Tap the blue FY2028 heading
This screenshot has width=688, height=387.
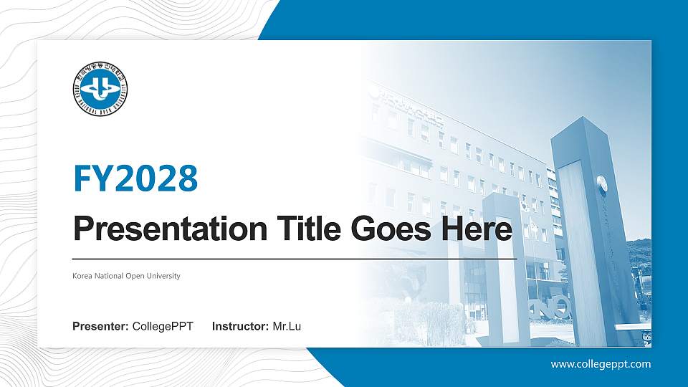[135, 178]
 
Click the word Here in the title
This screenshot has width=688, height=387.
[479, 229]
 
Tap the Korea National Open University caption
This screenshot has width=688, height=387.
[126, 276]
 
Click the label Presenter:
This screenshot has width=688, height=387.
[101, 327]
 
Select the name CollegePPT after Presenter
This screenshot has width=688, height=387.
[163, 327]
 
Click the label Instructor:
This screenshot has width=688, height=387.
[241, 327]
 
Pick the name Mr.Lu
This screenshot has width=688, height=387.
[287, 327]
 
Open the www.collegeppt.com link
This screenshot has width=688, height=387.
[601, 364]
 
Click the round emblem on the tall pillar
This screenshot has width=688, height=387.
[602, 183]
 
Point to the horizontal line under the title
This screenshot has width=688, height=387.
[295, 258]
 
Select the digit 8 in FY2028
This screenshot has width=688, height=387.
[186, 178]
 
